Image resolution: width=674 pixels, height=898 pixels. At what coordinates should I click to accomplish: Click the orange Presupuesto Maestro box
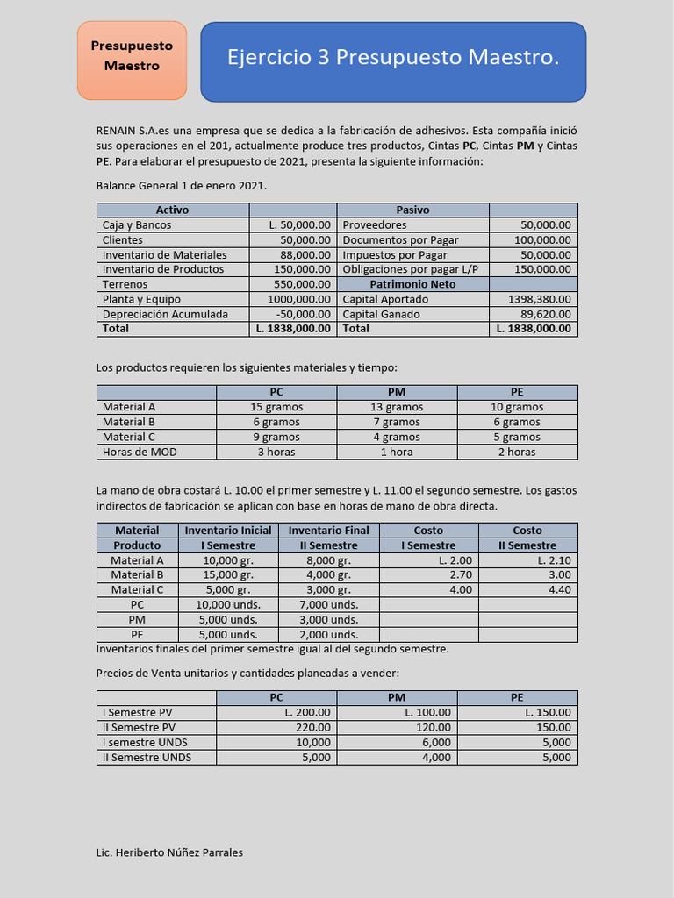tap(132, 60)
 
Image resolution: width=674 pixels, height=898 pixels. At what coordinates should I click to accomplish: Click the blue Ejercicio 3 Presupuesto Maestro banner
tap(393, 60)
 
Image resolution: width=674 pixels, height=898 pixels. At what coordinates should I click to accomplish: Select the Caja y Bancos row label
tap(137, 225)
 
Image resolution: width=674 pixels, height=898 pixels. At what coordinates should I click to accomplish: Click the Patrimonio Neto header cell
tap(412, 284)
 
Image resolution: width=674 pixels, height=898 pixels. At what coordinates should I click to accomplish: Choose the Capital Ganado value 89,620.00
tap(545, 314)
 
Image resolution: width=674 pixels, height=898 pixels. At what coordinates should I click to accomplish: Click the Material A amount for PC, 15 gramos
tap(276, 407)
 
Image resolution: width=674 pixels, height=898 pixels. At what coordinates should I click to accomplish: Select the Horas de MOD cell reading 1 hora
tap(397, 452)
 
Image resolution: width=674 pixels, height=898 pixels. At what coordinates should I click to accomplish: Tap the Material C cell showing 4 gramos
tap(397, 437)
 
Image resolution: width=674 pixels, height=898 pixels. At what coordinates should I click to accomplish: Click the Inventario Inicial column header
tap(228, 531)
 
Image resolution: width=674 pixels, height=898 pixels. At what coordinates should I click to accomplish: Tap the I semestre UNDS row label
tap(147, 742)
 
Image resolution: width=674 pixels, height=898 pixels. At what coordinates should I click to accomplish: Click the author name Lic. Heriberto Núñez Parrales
tap(169, 852)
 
